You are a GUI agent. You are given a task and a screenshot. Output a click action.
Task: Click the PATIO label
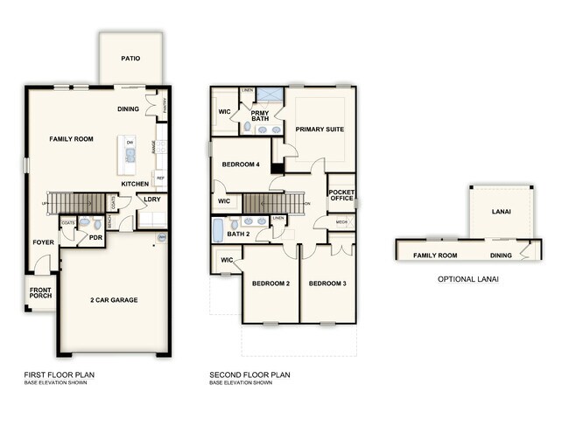coord(130,59)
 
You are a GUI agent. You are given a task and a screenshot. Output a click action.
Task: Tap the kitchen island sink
coord(130,157)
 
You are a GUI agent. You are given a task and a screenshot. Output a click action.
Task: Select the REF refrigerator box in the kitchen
coord(160,178)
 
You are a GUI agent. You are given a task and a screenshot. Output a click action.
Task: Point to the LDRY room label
coord(151,199)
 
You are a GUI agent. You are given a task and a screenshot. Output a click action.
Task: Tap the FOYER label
coord(43,242)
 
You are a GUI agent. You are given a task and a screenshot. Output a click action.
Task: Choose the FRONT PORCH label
coord(40,293)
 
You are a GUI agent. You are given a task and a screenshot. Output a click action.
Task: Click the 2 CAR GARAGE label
coord(113,300)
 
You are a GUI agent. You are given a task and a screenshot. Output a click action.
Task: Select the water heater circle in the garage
coord(161,236)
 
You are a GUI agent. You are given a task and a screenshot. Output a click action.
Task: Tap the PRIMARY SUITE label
coord(319,129)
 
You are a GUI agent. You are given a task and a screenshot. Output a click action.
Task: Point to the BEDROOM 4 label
coord(241,164)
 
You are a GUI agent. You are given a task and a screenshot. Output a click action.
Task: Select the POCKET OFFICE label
coord(341,195)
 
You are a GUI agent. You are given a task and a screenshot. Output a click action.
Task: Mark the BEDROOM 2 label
coord(270,284)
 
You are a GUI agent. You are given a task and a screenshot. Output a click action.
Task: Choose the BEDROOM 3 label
coord(327,284)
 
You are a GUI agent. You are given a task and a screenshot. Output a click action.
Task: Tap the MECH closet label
coord(341,222)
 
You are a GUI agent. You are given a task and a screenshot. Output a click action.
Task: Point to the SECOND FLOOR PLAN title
coord(249,375)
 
